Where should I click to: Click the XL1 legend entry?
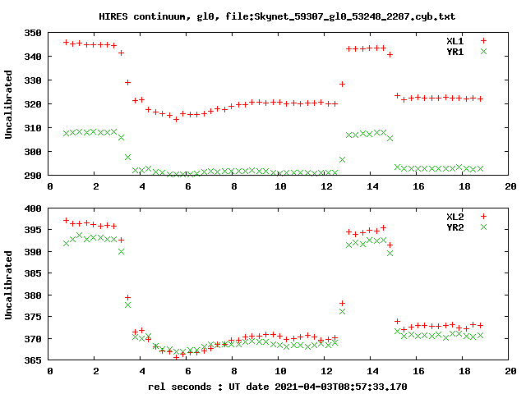454,40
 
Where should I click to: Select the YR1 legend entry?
454,51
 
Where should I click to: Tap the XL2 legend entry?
454,216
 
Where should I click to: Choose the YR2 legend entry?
454,227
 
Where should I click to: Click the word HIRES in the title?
112,16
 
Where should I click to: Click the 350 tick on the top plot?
34,33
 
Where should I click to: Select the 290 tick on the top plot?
34,176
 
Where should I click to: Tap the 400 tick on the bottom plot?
34,208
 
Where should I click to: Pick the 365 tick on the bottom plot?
34,360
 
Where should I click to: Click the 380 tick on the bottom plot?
34,295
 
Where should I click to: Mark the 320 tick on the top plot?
34,104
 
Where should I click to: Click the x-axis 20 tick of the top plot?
510,186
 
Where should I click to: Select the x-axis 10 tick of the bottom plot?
281,370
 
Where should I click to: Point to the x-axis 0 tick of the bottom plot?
51,370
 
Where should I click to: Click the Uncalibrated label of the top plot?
10,104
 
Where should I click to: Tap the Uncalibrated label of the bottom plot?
10,284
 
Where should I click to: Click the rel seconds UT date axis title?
277,386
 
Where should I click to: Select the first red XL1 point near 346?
67,42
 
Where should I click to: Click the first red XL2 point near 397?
67,221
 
